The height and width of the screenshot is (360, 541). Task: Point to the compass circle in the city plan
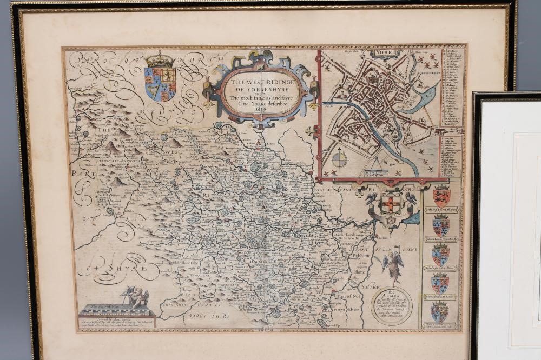click(x=340, y=159)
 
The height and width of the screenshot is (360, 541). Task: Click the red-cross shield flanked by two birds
click(x=390, y=205)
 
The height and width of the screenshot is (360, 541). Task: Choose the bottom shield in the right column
click(x=441, y=312)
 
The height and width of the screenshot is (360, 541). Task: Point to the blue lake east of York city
click(x=427, y=97)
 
